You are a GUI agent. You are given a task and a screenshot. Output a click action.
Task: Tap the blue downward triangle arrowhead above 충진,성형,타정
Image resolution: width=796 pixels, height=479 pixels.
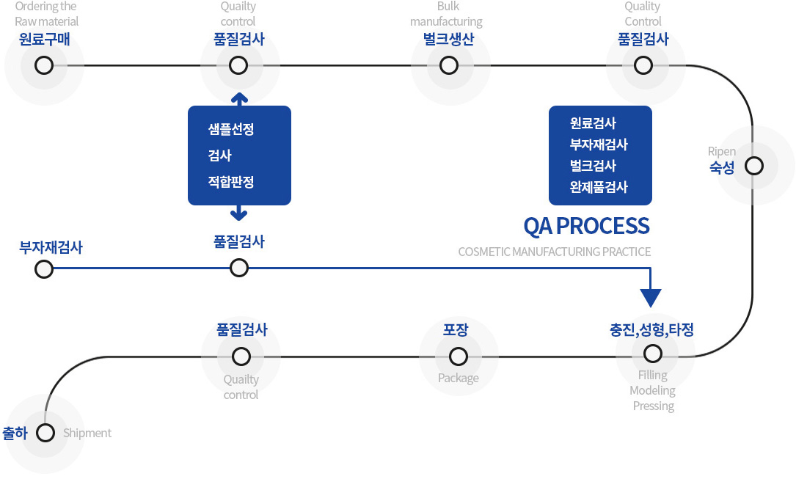650,298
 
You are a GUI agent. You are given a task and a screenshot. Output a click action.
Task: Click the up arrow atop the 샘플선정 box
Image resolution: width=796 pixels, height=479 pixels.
239,99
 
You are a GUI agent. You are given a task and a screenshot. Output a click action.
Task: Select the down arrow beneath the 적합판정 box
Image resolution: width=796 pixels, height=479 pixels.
238,213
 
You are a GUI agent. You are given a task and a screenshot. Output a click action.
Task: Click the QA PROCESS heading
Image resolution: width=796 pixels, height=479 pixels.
586,227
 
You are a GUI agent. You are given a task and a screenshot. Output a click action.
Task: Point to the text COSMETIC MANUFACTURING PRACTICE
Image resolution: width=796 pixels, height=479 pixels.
555,252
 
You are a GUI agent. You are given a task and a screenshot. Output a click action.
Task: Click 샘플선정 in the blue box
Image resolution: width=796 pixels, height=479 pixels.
231,129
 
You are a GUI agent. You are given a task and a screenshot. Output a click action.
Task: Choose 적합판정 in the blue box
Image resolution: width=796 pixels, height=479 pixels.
231,182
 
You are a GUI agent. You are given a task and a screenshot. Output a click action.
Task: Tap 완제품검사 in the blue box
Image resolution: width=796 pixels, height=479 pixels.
599,187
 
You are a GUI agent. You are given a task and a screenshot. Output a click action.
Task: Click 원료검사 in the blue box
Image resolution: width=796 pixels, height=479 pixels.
593,123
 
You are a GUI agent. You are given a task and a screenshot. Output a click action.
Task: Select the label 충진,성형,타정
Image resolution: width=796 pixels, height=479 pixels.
651,330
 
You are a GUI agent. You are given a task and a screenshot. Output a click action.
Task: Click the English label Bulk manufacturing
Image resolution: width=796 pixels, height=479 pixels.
446,14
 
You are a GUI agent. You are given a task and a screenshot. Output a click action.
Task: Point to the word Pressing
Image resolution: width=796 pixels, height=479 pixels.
654,406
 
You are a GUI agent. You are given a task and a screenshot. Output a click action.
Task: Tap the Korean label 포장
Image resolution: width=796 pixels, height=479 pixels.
456,330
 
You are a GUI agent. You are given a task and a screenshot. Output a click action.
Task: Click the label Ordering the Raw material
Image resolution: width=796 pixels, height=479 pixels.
46,14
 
